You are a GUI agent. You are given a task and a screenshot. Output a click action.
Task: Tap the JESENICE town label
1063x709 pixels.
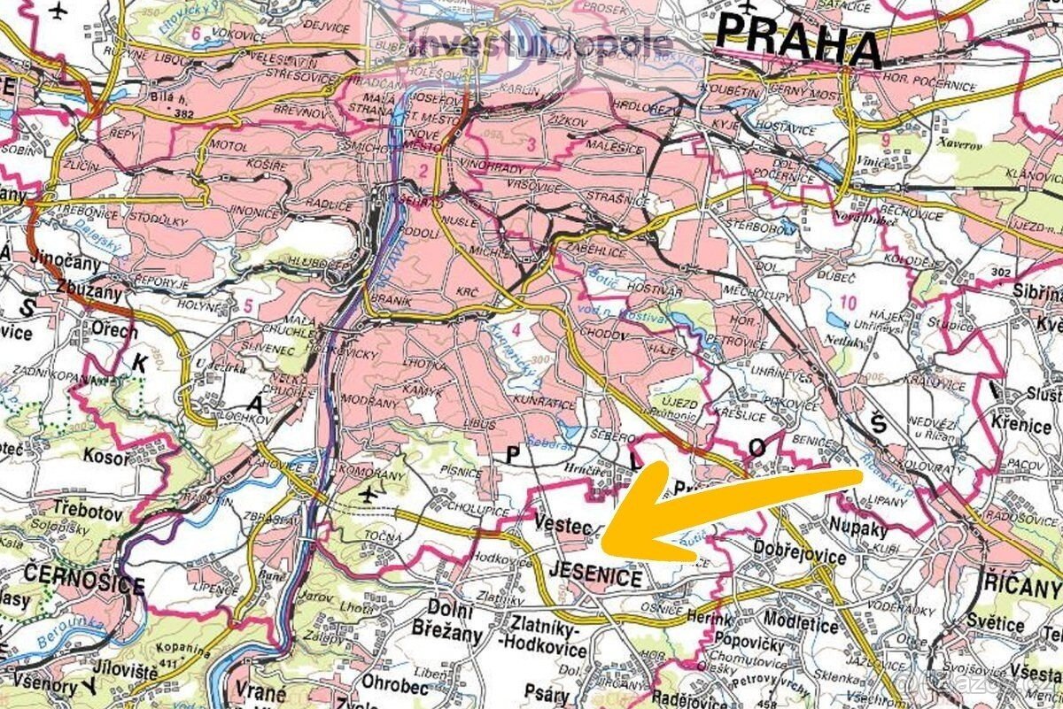[x=596, y=577]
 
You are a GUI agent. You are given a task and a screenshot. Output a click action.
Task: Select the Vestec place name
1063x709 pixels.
[x=563, y=526]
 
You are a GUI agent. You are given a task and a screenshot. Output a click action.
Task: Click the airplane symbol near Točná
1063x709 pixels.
[x=368, y=492]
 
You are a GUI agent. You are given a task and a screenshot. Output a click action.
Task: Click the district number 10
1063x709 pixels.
[x=848, y=304]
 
